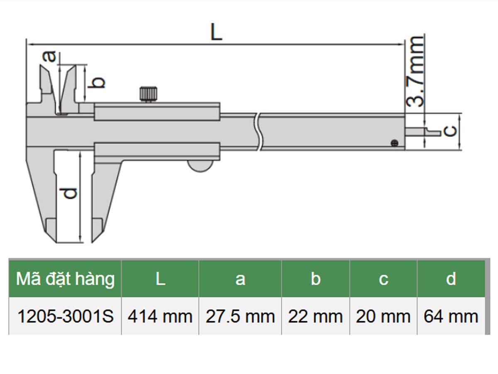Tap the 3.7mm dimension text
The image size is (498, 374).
[x=415, y=71]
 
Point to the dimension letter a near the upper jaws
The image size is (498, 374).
[x=50, y=56]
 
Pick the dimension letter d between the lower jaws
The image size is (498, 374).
[x=71, y=193]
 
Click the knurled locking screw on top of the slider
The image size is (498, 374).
[x=148, y=93]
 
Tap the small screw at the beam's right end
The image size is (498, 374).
[x=394, y=143]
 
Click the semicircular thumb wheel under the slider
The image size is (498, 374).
[x=201, y=166]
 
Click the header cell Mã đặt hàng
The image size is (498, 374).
[x=65, y=279]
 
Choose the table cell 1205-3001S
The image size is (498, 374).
[x=65, y=317]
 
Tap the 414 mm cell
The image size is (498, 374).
[x=160, y=317]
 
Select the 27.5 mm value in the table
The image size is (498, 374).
[x=240, y=317]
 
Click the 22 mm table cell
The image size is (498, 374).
[x=315, y=317]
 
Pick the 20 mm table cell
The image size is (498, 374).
[x=383, y=317]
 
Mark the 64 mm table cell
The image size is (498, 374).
[x=451, y=317]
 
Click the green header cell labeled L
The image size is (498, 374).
[x=160, y=279]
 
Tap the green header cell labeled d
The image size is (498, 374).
[x=451, y=279]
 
